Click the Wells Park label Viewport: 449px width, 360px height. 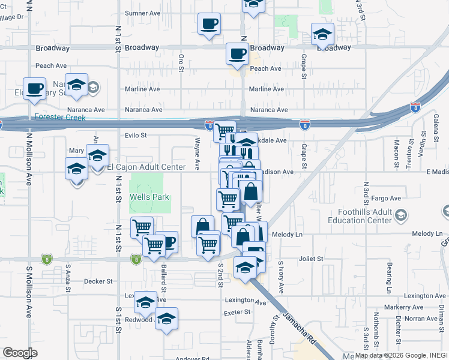pos(150,197)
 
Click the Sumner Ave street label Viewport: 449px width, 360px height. pos(143,13)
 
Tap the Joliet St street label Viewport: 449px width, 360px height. pos(311,259)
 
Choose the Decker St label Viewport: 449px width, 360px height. pos(98,281)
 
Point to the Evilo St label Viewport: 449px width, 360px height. pos(135,136)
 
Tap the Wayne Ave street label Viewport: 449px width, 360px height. pos(197,153)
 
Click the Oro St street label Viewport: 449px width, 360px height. pos(181,62)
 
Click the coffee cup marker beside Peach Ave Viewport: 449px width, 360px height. pos(237,54)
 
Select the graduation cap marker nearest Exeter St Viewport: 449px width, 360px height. pos(167,319)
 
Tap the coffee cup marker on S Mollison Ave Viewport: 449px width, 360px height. pos(35,88)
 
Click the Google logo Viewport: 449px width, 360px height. pos(20,353)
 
